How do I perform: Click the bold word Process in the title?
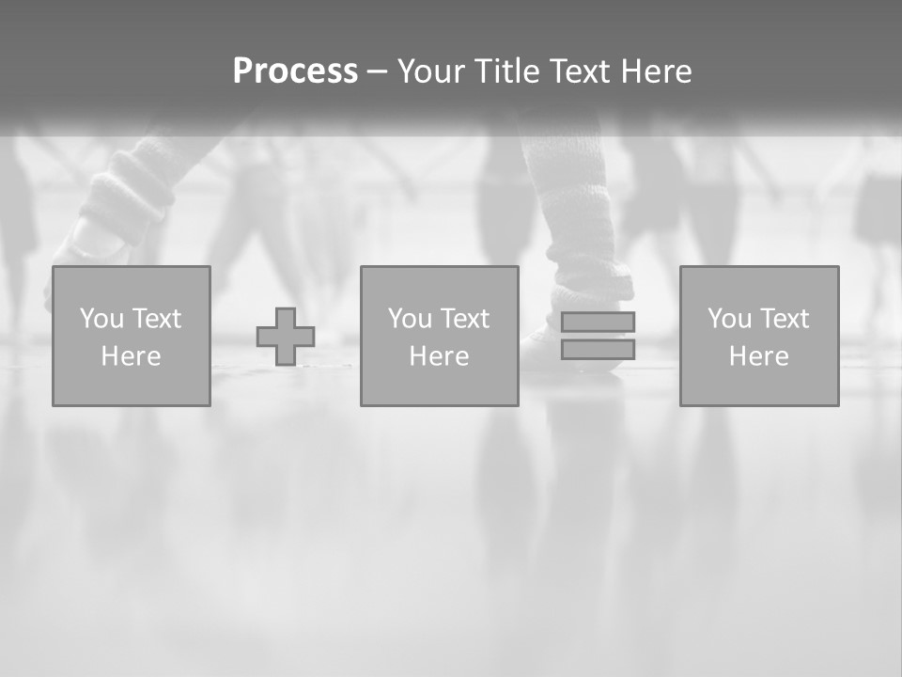point(295,71)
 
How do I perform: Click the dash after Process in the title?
point(378,71)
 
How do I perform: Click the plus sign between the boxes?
point(286,336)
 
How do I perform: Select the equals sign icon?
point(598,336)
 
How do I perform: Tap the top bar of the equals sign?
point(598,322)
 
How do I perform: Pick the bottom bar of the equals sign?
point(598,349)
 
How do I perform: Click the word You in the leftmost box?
point(102,319)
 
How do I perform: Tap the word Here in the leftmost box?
point(132,356)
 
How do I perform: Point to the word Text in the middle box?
point(466,319)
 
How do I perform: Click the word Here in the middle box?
point(440,356)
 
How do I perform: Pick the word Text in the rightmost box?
point(785,319)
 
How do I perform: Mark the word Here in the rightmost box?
point(759,356)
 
